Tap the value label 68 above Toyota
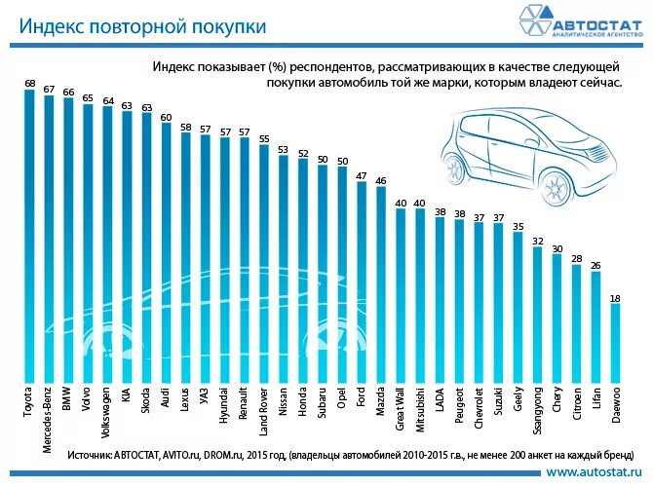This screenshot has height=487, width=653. pyautogui.click(x=29, y=83)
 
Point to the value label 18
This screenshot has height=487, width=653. pyautogui.click(x=615, y=296)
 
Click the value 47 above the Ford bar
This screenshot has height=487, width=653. pyautogui.click(x=362, y=175)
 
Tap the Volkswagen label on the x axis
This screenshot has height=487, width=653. pyautogui.click(x=107, y=413)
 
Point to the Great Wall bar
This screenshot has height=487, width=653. pyautogui.click(x=401, y=296)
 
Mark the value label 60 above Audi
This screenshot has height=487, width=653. pyautogui.click(x=166, y=116)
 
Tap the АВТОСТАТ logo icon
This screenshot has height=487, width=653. pyautogui.click(x=532, y=22)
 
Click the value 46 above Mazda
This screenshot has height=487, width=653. pyautogui.click(x=381, y=180)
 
